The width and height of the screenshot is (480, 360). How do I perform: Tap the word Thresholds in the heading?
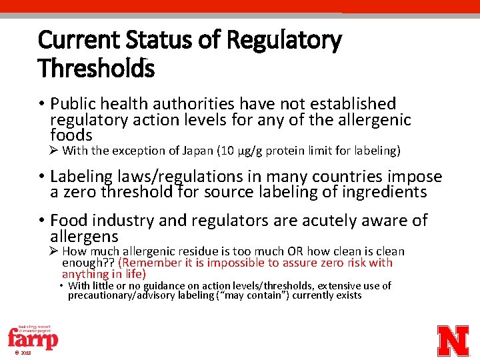(96, 68)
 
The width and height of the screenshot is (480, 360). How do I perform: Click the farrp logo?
(33, 336)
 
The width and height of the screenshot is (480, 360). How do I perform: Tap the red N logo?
(453, 340)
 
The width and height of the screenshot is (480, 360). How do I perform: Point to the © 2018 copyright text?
(21, 353)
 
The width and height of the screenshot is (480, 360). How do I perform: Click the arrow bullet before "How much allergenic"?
(55, 251)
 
